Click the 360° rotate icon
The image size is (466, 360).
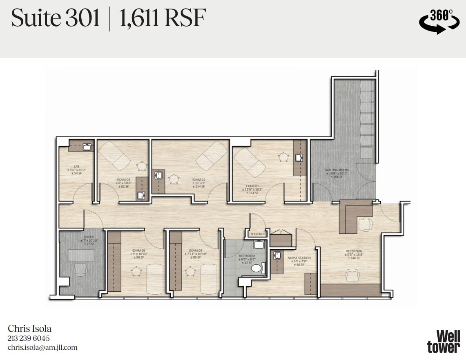439,22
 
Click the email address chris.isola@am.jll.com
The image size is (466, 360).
42,347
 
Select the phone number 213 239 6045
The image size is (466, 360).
29,338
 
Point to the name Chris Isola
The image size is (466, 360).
30,329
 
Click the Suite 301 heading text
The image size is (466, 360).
56,18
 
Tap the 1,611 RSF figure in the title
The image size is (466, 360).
162,18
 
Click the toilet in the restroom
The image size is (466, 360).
256,268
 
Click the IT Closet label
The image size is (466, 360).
257,234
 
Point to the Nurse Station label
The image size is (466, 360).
299,258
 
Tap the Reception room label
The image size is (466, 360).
354,251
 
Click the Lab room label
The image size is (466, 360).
76,167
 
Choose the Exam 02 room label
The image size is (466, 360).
198,179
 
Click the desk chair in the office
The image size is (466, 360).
80,269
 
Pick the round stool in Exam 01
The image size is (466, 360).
283,156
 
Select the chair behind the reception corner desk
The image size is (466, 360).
366,224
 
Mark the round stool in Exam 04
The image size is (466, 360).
190,271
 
